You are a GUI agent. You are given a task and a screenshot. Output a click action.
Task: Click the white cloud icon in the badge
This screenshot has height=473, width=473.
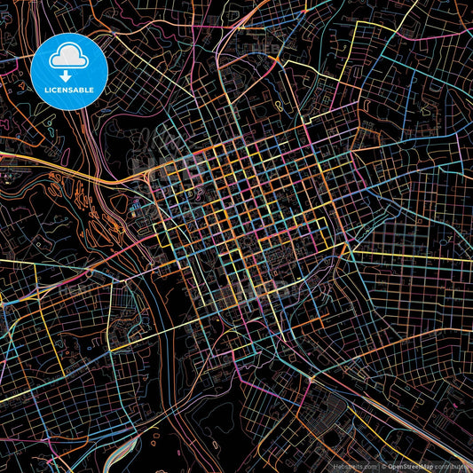click(69, 56)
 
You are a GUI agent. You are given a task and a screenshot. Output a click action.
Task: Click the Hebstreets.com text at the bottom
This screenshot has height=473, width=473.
click(354, 466)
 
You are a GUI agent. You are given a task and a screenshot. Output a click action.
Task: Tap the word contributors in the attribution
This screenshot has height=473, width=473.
click(456, 466)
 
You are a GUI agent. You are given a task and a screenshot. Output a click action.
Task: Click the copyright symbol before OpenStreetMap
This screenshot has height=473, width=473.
click(384, 466)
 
